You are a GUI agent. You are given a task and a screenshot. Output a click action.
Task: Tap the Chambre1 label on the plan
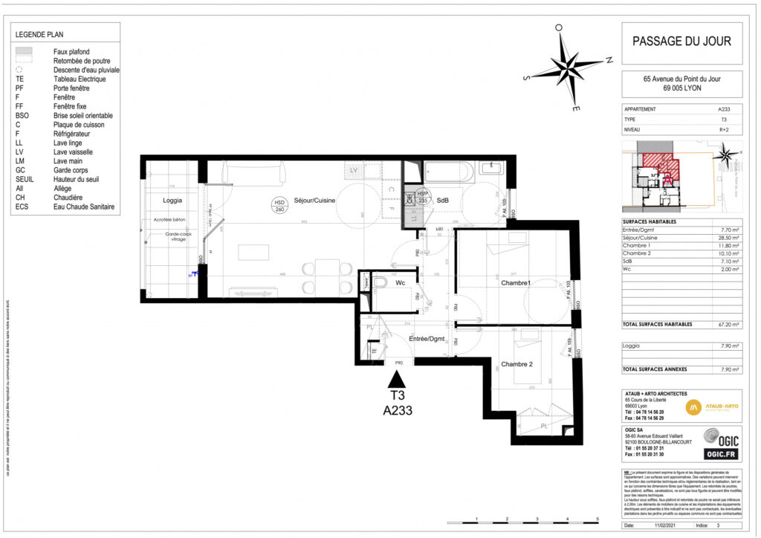515,283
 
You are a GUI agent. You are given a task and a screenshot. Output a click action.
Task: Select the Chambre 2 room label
516,364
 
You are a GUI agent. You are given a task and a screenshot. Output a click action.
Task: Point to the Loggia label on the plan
172,201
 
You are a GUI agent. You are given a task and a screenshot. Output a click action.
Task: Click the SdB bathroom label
442,201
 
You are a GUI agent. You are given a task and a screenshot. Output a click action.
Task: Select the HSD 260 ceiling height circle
279,206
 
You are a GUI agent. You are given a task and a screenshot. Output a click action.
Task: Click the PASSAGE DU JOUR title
681,42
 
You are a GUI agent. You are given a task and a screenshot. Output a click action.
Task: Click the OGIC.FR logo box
720,454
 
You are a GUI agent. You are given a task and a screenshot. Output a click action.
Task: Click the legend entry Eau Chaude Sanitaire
84,207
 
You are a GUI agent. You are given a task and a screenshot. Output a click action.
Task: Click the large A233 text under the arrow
398,409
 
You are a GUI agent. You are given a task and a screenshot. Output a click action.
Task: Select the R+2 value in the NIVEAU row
723,129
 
